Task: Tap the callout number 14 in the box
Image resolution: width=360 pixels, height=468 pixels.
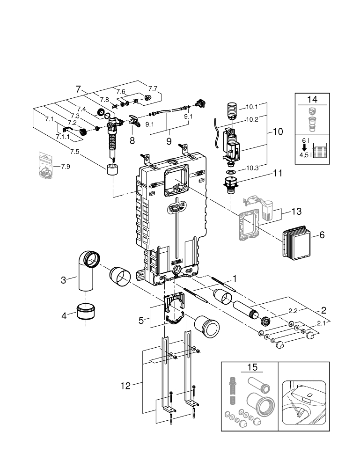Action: coord(312,99)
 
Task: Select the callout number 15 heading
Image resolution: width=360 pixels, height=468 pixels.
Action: coord(252,367)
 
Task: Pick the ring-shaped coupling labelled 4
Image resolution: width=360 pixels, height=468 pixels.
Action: coord(86,311)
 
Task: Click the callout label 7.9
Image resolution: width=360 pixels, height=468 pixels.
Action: coord(66,166)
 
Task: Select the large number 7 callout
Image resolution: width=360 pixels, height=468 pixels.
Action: coord(78,89)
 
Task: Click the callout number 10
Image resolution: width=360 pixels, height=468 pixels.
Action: coord(278,132)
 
